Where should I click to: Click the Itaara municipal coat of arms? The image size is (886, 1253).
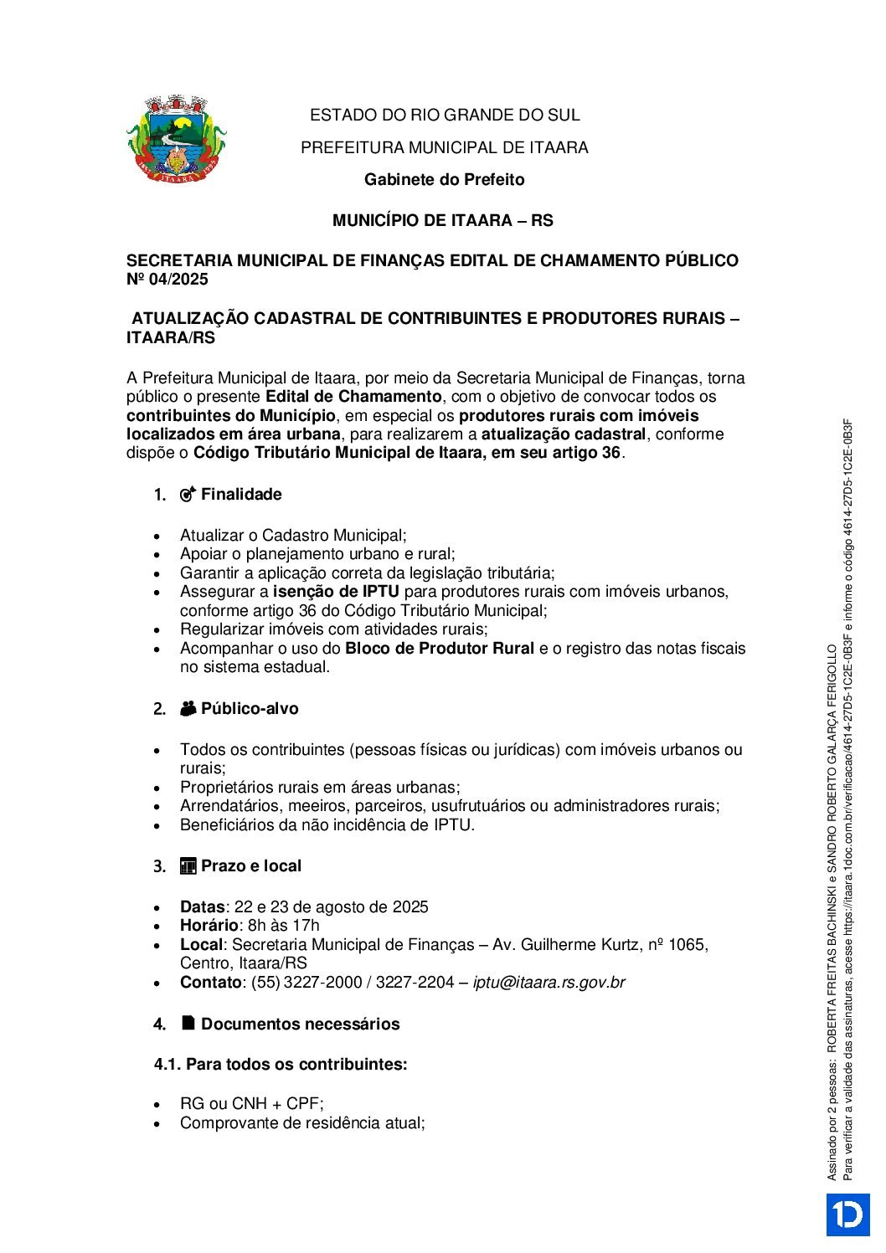point(177,138)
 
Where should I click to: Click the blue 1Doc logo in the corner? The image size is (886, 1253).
point(847,1214)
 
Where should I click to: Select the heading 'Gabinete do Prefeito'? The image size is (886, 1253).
point(444,180)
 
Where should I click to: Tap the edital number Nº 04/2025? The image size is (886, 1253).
point(167,280)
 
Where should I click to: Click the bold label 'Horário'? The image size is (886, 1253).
point(209,926)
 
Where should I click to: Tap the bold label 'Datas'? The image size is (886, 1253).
point(202,907)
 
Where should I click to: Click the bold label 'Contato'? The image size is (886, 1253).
point(210,983)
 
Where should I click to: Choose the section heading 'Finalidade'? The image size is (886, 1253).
point(241,495)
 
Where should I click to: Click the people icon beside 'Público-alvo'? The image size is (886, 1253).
point(188,709)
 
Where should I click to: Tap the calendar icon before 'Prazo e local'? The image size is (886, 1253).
point(188,866)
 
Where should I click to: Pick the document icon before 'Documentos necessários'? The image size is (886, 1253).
point(188,1024)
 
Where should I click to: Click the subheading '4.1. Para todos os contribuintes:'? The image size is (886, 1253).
point(281,1065)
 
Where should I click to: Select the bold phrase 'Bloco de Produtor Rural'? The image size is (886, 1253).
point(440,649)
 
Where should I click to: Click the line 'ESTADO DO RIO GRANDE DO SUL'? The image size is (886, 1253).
point(445,116)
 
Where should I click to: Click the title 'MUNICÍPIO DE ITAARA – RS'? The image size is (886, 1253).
point(443,221)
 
